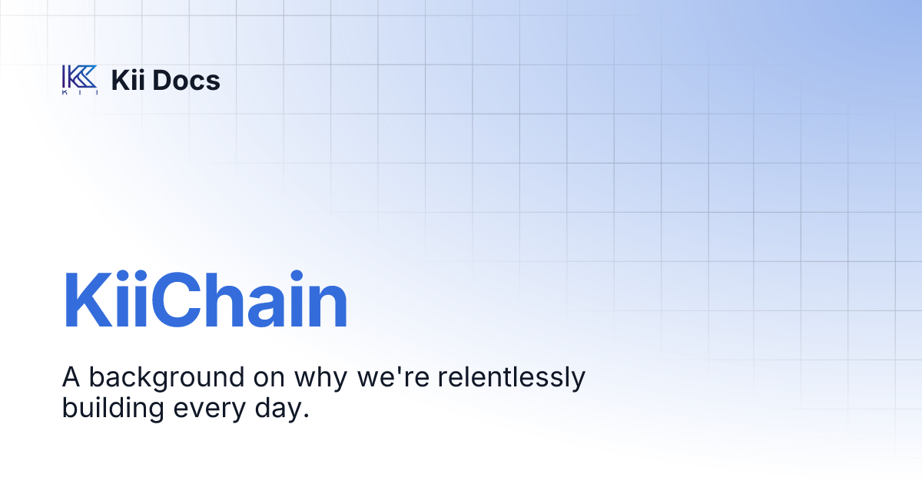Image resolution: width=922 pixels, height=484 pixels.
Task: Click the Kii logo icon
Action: [79, 79]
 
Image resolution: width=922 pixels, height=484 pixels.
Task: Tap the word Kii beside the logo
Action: [129, 80]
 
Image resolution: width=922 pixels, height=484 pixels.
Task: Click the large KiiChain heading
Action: [205, 301]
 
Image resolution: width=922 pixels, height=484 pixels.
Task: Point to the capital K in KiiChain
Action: [84, 301]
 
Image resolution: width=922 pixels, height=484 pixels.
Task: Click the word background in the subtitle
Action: [161, 378]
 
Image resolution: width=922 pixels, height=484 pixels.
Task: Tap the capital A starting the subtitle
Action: [71, 377]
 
